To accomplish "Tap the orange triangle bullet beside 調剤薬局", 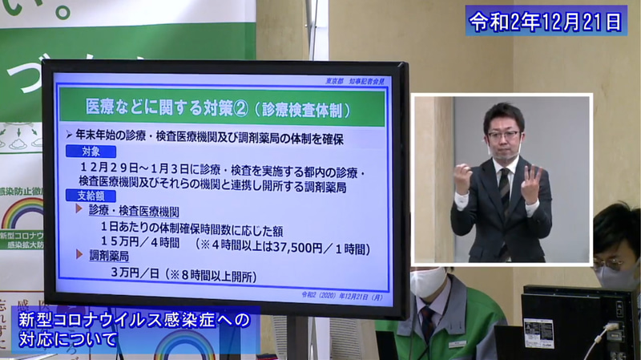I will point(79,256).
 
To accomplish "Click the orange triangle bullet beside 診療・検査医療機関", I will point(79,210).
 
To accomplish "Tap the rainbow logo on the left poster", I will point(22,212).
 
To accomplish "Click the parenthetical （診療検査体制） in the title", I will point(296,107).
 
